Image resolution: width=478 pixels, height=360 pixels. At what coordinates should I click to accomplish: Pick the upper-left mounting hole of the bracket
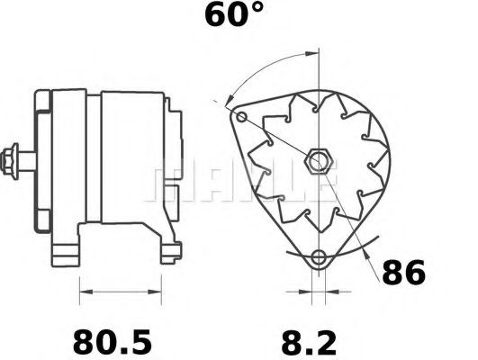(240, 117)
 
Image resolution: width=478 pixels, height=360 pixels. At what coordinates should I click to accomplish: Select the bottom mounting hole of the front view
(318, 259)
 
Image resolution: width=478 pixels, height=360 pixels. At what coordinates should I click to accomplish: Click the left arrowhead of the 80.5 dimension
(84, 291)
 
